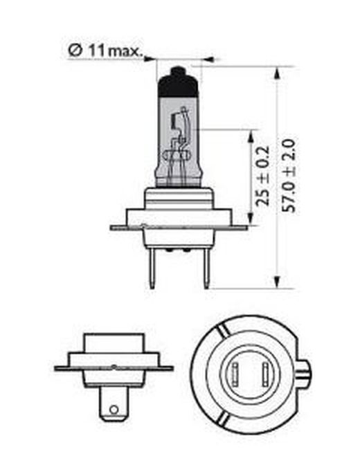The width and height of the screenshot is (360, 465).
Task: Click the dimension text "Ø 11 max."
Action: coord(105,51)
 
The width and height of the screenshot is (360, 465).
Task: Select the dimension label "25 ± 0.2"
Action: coord(262,176)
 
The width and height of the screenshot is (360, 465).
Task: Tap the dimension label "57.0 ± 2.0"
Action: coord(289,176)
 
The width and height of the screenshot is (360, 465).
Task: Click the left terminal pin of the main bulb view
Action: coord(152,268)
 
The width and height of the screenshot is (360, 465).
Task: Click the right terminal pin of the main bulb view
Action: coord(206,268)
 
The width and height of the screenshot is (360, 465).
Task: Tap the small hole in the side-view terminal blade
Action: coord(114,410)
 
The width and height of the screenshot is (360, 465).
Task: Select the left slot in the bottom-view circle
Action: coord(235,374)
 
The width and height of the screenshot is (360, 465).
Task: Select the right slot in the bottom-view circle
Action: coord(266,374)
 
